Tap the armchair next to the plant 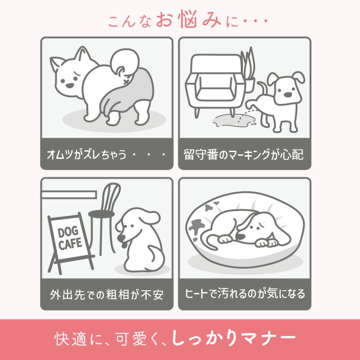tap(214, 83)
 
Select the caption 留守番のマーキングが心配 tap(244, 155)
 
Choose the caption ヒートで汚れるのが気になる tap(245, 294)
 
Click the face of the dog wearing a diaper tap(67, 79)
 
